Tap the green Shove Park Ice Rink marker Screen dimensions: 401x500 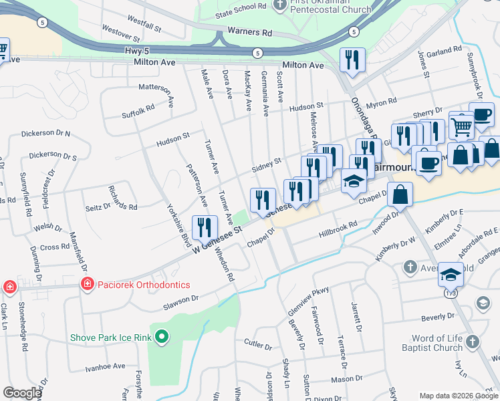pyautogui.click(x=160, y=337)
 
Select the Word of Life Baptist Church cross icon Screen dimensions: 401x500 pyautogui.click(x=472, y=342)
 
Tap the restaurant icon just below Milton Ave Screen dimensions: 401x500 pyautogui.click(x=351, y=60)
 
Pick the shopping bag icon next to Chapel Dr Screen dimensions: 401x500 pyautogui.click(x=399, y=194)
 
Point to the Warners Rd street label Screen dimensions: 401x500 pyautogui.click(x=249, y=32)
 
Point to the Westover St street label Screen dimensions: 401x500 pyautogui.click(x=120, y=31)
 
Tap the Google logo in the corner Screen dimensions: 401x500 pyautogui.click(x=22, y=392)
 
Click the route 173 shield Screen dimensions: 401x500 pyautogui.click(x=452, y=292)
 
